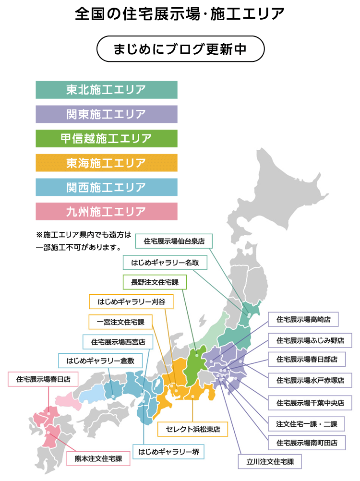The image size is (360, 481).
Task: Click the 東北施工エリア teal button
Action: tap(106, 90)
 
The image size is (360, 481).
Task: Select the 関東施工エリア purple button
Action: tap(106, 114)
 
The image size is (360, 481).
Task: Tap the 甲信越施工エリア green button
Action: tap(106, 139)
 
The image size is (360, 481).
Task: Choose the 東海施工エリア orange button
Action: tap(106, 163)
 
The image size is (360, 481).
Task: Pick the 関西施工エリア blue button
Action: tap(106, 187)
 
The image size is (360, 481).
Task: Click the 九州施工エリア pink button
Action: tap(106, 211)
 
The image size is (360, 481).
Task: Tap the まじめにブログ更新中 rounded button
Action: tap(180, 49)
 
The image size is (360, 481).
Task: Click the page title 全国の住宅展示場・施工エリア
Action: tap(180, 14)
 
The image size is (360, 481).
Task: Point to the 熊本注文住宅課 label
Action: tap(98, 458)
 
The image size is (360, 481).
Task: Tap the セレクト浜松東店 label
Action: tap(192, 429)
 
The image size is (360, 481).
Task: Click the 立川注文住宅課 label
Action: tap(270, 462)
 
